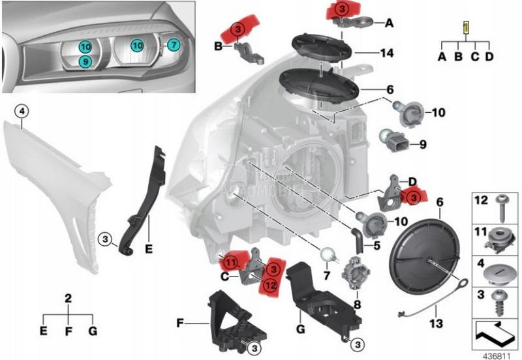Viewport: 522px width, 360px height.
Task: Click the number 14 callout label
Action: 388,52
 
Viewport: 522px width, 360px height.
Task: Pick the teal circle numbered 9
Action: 85,61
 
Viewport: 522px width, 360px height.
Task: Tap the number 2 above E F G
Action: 68,298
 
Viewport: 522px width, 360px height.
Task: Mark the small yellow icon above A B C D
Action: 465,28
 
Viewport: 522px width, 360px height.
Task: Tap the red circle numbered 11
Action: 230,263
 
